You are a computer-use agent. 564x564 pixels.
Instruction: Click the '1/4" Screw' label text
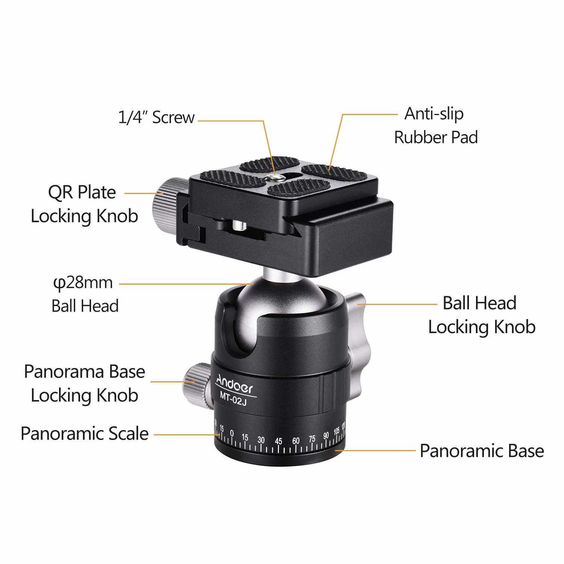[156, 117]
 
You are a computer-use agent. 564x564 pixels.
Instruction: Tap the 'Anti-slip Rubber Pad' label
[436, 125]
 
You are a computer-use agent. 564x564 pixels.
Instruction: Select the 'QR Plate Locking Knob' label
[84, 204]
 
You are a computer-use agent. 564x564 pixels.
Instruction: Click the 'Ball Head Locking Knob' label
[482, 315]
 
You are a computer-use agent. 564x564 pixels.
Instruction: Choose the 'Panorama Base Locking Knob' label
[84, 383]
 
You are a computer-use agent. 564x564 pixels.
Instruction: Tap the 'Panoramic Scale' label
[85, 434]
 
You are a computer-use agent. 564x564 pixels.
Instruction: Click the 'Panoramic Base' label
[482, 450]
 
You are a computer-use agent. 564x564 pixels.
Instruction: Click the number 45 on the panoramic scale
[279, 441]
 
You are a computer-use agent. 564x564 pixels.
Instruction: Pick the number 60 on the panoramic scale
[296, 440]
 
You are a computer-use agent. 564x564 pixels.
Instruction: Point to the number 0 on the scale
[232, 434]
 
